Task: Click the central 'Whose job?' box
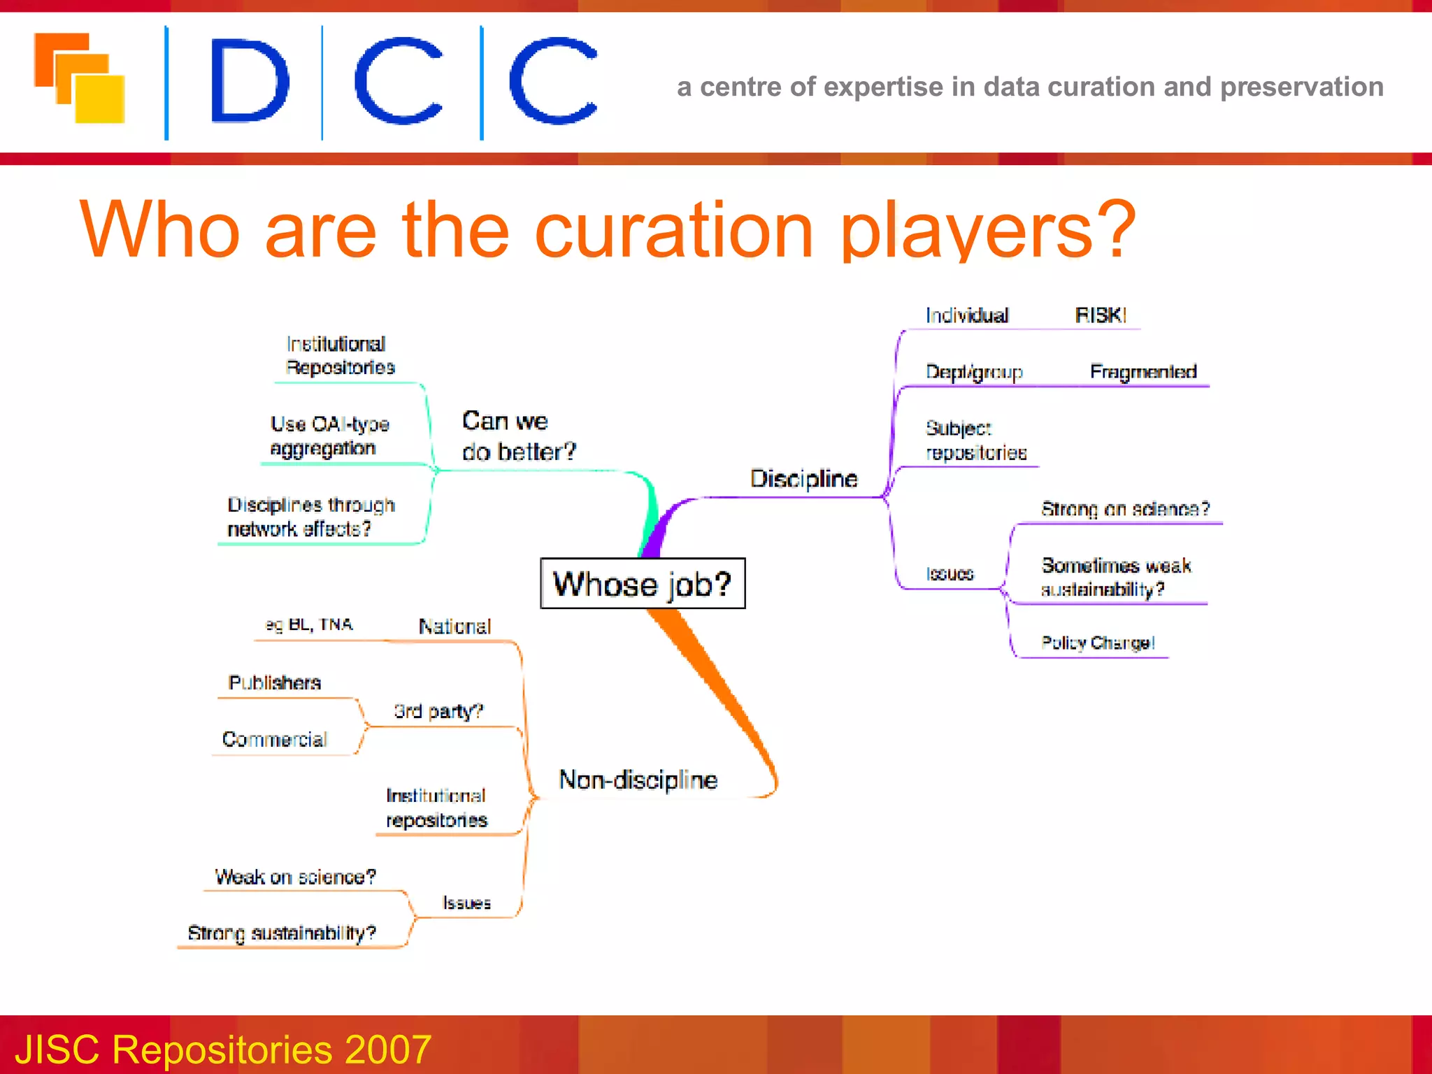tap(642, 584)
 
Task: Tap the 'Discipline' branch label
tap(803, 479)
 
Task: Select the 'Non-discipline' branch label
tap(638, 780)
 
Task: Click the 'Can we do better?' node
tap(518, 436)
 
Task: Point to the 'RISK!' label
tap(1100, 315)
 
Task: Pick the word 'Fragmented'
tap(1143, 372)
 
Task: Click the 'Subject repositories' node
tap(975, 441)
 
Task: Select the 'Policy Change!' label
tap(1097, 643)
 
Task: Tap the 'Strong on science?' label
tap(1124, 509)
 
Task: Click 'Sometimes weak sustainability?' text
tap(1115, 577)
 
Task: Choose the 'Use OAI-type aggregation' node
tap(329, 436)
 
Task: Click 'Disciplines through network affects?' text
tap(310, 517)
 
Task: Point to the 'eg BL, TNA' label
tap(308, 624)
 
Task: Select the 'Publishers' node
tap(274, 682)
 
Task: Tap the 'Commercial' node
tap(274, 740)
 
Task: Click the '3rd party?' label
tap(438, 711)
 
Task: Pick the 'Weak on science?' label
tap(294, 877)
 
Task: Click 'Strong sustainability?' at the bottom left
tap(281, 933)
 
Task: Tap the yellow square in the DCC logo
tap(100, 99)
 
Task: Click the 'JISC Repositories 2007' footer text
tap(222, 1049)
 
